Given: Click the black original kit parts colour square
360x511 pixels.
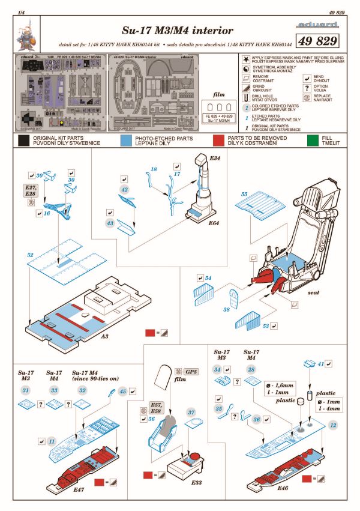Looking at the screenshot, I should click(24, 141).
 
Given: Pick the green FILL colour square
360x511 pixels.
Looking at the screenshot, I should click(310, 141).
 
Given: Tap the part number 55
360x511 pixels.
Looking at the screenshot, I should click(244, 195).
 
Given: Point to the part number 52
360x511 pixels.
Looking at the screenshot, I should click(31, 255).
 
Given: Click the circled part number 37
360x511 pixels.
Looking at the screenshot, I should click(192, 413).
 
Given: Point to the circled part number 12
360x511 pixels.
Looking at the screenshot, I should click(332, 425).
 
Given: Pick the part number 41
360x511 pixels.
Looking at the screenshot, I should click(320, 364).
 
